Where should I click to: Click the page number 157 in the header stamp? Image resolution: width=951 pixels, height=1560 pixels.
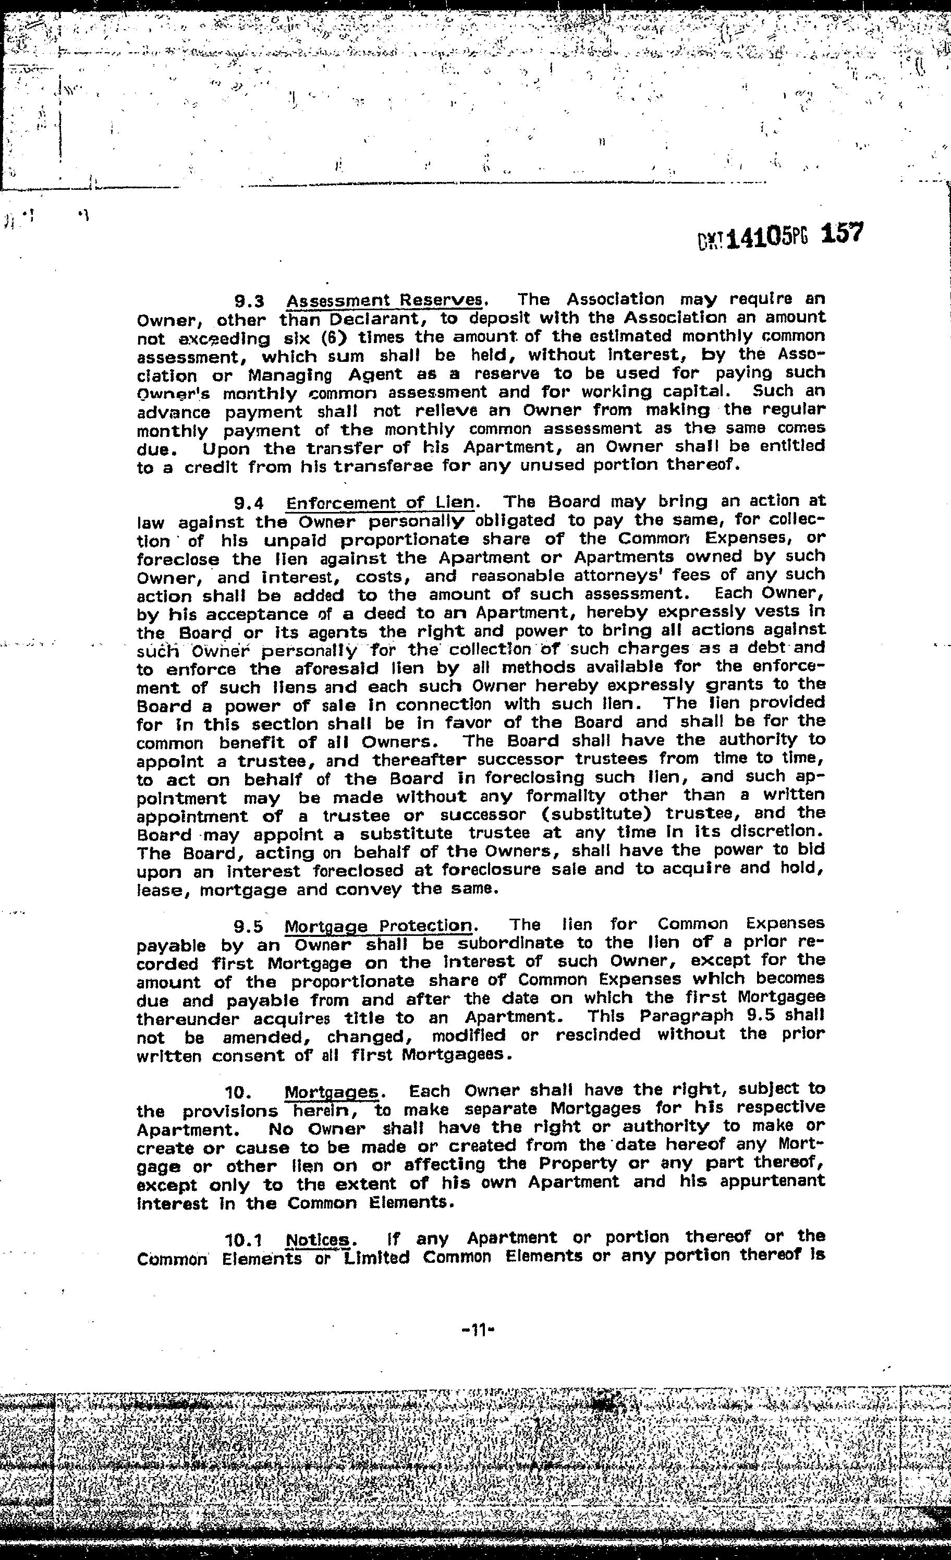click(x=842, y=234)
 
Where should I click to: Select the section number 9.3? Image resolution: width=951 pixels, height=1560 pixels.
click(x=249, y=300)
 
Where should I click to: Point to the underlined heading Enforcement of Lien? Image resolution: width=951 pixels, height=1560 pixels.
click(x=381, y=503)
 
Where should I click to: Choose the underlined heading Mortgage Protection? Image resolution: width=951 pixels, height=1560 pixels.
click(x=378, y=926)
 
